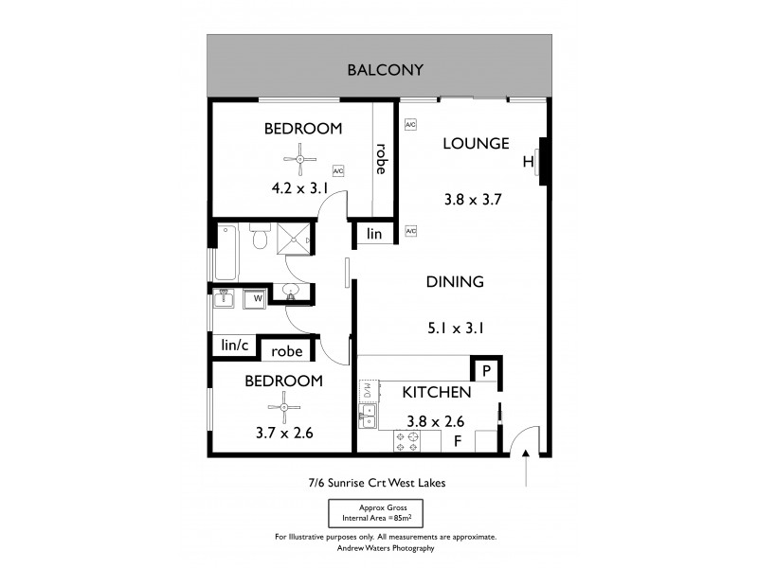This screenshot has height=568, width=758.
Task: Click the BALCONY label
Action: point(384,70)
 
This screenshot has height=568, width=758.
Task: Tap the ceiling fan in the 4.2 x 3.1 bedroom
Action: point(300,159)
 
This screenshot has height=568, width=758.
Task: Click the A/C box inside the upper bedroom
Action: point(338,171)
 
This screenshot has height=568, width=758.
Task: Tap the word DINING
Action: point(455,281)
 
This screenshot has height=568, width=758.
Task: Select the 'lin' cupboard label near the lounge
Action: point(374,234)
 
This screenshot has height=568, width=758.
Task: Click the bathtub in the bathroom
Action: point(226,251)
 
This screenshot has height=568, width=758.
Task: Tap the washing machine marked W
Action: point(254,300)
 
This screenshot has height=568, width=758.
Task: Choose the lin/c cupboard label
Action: point(234,346)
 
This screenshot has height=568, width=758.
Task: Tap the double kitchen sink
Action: point(368,417)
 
